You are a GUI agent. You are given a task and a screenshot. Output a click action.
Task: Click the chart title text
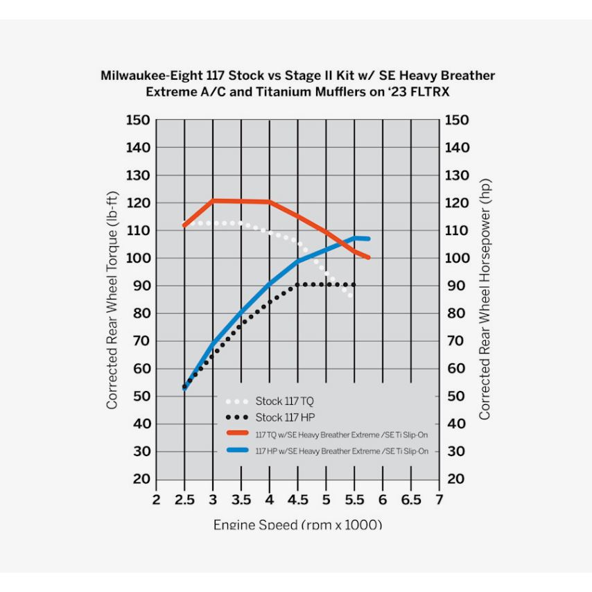pyautogui.click(x=297, y=84)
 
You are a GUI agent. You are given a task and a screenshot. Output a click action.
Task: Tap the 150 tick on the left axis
pyautogui.click(x=138, y=121)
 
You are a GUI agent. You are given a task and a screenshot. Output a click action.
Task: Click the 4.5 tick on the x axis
pyautogui.click(x=297, y=500)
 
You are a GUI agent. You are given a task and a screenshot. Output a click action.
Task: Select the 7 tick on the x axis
pyautogui.click(x=439, y=500)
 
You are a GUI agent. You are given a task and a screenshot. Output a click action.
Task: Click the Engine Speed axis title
pyautogui.click(x=297, y=525)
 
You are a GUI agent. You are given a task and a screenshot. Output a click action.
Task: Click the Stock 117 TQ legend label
pyautogui.click(x=279, y=401)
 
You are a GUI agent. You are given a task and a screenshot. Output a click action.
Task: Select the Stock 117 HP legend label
pyautogui.click(x=279, y=417)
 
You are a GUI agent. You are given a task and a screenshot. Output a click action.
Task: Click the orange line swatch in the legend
pyautogui.click(x=238, y=433)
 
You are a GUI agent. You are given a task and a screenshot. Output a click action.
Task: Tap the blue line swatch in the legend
pyautogui.click(x=238, y=451)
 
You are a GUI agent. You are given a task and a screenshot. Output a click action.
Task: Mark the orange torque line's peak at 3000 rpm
pyautogui.click(x=213, y=200)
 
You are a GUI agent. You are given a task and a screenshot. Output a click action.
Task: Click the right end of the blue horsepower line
pyautogui.click(x=368, y=238)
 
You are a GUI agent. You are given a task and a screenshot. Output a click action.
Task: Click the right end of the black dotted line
pyautogui.click(x=354, y=285)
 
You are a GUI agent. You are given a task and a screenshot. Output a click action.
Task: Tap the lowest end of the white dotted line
pyautogui.click(x=351, y=296)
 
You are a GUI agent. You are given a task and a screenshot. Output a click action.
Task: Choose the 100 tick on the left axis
pyautogui.click(x=138, y=258)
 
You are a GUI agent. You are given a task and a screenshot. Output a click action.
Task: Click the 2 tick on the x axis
pyautogui.click(x=156, y=500)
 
